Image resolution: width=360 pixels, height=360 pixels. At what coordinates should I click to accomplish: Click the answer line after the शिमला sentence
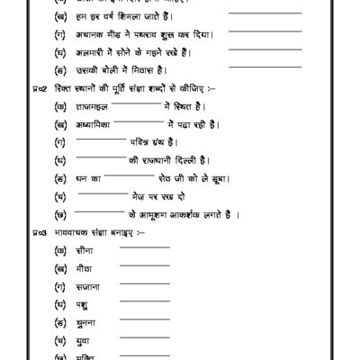(265, 13)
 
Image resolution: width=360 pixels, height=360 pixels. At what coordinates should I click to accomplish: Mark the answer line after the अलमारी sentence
(265, 50)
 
